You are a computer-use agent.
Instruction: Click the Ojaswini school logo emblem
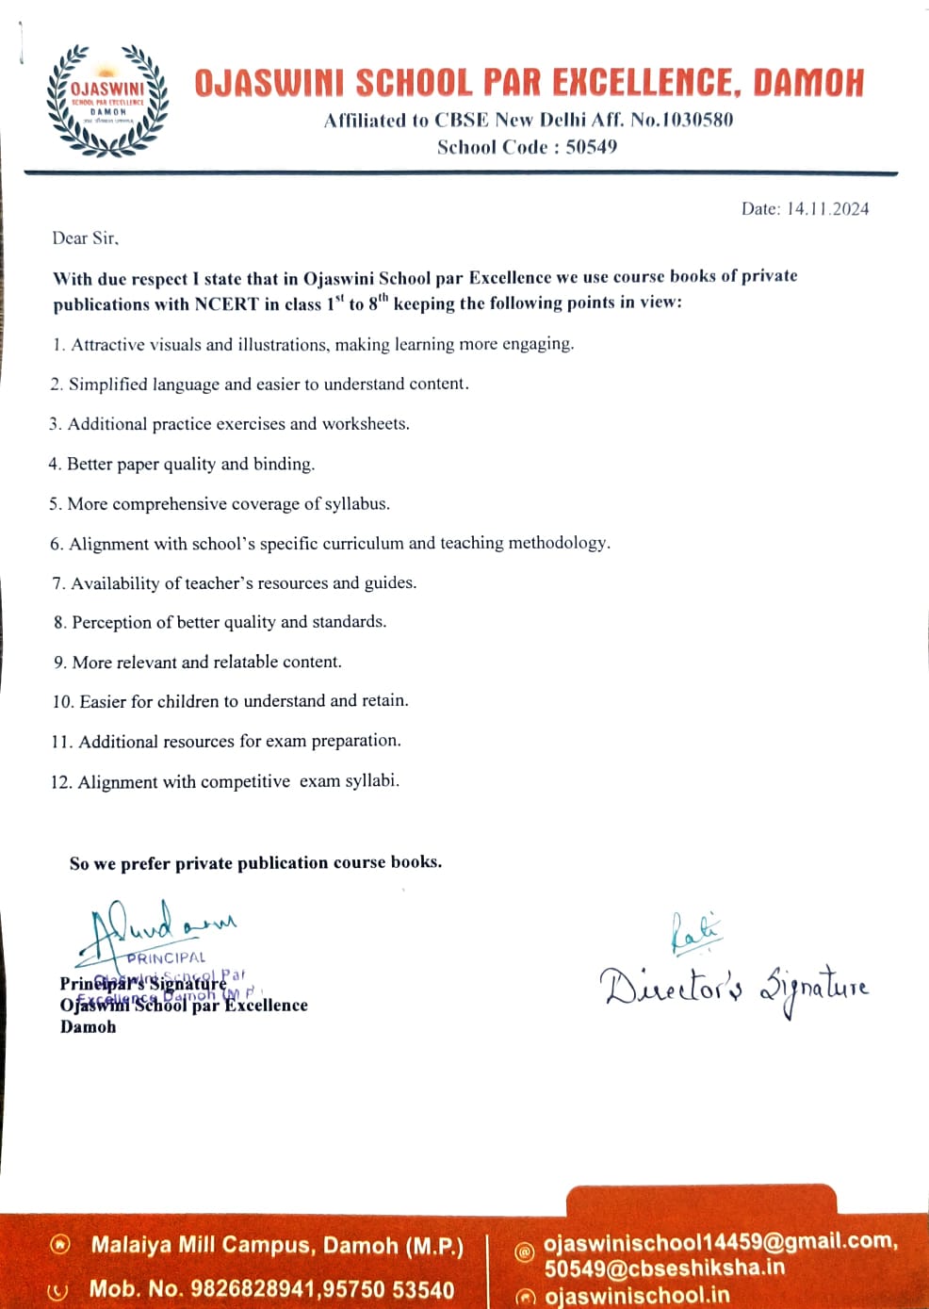pos(107,100)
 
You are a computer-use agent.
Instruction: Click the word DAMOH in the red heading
pos(807,84)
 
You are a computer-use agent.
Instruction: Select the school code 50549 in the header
pos(591,147)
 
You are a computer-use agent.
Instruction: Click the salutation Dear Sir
pos(85,238)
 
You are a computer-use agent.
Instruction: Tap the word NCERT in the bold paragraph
pos(226,303)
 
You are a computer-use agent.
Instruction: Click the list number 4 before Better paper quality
pos(55,464)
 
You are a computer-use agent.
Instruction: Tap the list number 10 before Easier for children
pos(62,701)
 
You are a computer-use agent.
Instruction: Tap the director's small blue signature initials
pos(694,932)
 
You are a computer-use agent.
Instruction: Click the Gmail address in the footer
pos(720,1241)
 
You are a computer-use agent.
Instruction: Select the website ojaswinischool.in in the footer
pos(636,1296)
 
